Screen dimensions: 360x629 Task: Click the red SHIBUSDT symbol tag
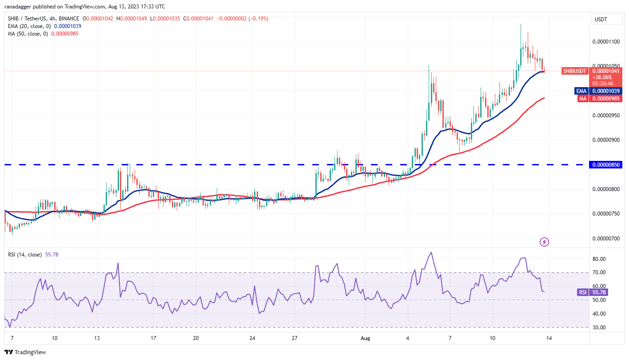click(x=575, y=71)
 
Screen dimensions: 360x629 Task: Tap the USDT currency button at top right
click(x=603, y=19)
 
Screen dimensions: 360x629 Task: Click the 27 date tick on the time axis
click(x=295, y=338)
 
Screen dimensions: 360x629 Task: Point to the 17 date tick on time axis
click(x=153, y=338)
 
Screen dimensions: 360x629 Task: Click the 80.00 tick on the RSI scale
click(x=600, y=259)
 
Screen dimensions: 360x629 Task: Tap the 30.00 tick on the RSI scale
click(x=600, y=328)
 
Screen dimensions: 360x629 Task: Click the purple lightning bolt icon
click(x=545, y=242)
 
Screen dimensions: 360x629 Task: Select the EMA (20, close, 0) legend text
click(x=28, y=26)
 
